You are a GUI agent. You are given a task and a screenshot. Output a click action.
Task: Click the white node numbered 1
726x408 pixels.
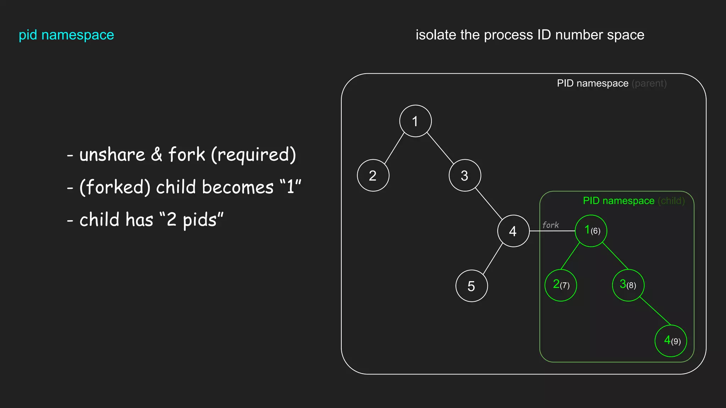pyautogui.click(x=415, y=121)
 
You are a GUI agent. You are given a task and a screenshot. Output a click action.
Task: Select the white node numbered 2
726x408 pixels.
pyautogui.click(x=373, y=175)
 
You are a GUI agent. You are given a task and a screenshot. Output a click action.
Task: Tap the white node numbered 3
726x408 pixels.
pyautogui.click(x=465, y=175)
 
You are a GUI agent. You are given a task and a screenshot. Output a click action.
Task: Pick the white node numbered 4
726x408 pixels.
pyautogui.click(x=513, y=231)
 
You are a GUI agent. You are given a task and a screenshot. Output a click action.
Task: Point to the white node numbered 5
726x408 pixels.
pyautogui.click(x=471, y=286)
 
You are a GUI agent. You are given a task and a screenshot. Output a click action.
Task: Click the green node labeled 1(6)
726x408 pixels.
pyautogui.click(x=591, y=231)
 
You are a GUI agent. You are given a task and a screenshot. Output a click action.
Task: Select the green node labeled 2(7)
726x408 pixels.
pyautogui.click(x=560, y=285)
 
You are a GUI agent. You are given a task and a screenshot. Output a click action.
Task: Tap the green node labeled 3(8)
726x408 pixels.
pyautogui.click(x=628, y=285)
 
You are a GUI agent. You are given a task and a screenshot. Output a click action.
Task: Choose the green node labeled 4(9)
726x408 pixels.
pyautogui.click(x=670, y=341)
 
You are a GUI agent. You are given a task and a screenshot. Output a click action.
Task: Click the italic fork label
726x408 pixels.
pyautogui.click(x=550, y=225)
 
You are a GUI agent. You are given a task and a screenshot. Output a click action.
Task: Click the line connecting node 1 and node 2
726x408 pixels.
pyautogui.click(x=394, y=148)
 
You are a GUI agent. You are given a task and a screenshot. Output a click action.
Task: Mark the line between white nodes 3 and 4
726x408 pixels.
pyautogui.click(x=488, y=203)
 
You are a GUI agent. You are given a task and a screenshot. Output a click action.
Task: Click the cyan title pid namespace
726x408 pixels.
pyautogui.click(x=66, y=35)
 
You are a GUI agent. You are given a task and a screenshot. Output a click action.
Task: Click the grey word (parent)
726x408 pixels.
pyautogui.click(x=649, y=84)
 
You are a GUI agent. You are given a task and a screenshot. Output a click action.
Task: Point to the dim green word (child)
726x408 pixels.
pyautogui.click(x=671, y=201)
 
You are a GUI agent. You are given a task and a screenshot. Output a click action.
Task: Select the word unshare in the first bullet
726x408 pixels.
pyautogui.click(x=112, y=155)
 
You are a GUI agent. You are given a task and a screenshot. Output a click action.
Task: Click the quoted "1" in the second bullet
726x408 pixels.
pyautogui.click(x=290, y=187)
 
